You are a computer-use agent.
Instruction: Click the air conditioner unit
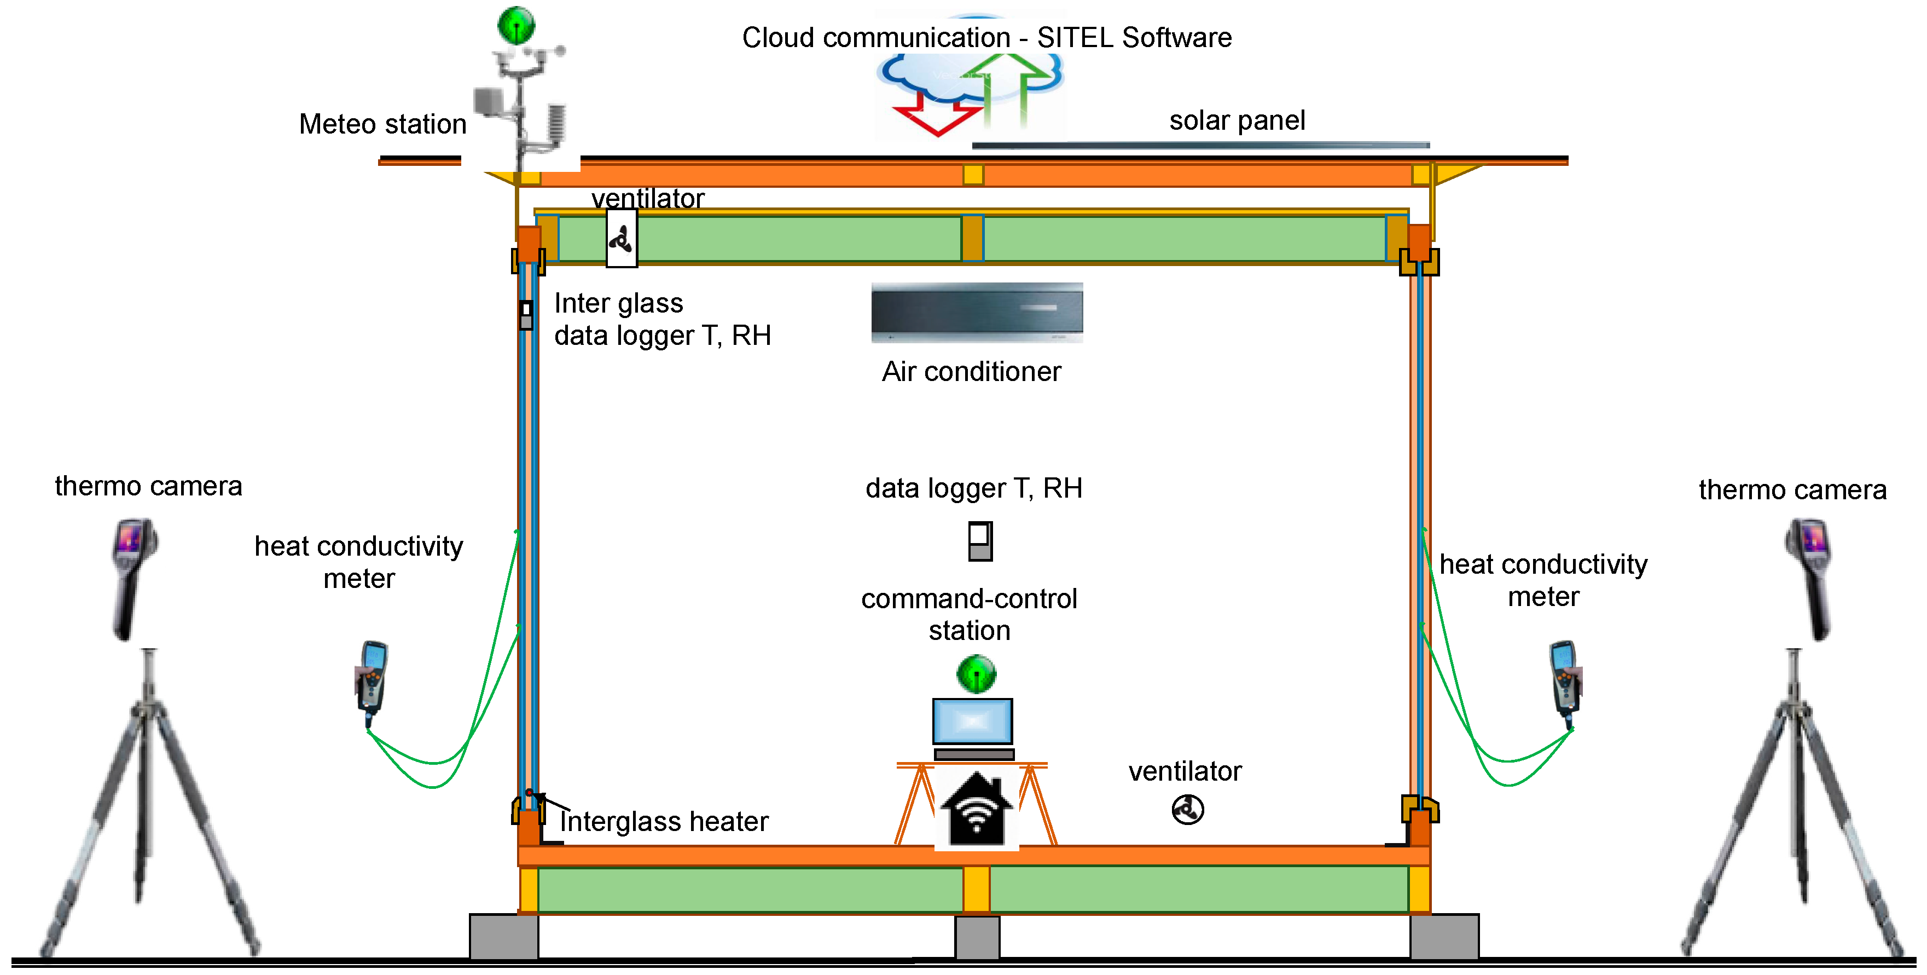977,313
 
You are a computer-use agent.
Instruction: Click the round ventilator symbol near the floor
1188,809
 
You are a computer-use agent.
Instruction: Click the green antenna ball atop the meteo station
516,25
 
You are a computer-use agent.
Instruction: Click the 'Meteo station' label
383,124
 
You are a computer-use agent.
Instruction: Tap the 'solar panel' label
1237,120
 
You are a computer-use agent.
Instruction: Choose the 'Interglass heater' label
664,822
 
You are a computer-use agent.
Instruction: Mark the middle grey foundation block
977,937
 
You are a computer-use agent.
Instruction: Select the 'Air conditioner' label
972,372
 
